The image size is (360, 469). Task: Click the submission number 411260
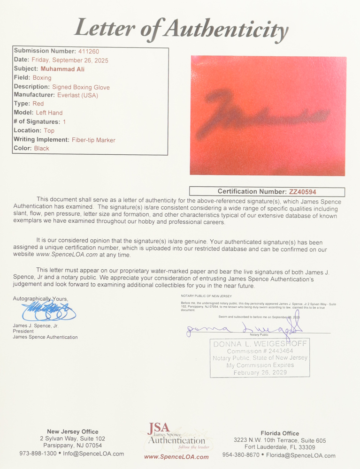click(x=89, y=51)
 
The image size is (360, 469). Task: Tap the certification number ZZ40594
click(x=303, y=192)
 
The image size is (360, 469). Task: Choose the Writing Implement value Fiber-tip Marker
click(x=93, y=140)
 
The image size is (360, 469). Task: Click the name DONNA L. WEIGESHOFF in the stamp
click(x=260, y=344)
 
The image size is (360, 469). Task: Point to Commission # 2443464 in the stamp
click(x=260, y=351)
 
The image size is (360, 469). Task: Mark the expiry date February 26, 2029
click(x=260, y=373)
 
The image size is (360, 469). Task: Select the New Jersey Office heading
click(x=73, y=432)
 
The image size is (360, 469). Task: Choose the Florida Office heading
click(x=280, y=433)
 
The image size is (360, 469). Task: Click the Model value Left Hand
click(x=49, y=113)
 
